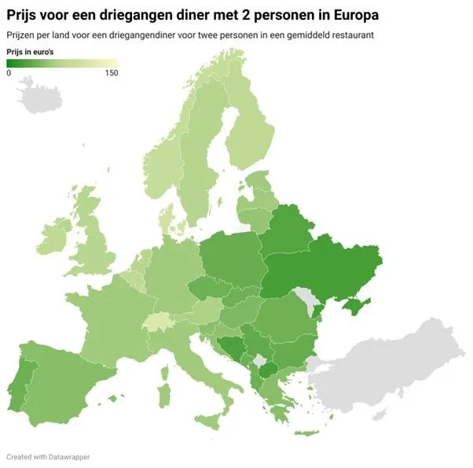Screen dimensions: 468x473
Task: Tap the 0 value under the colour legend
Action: [9, 72]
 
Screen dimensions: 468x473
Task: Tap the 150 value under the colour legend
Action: [111, 72]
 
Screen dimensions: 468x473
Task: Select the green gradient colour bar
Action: [62, 63]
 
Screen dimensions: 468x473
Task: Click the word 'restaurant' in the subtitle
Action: [351, 35]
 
